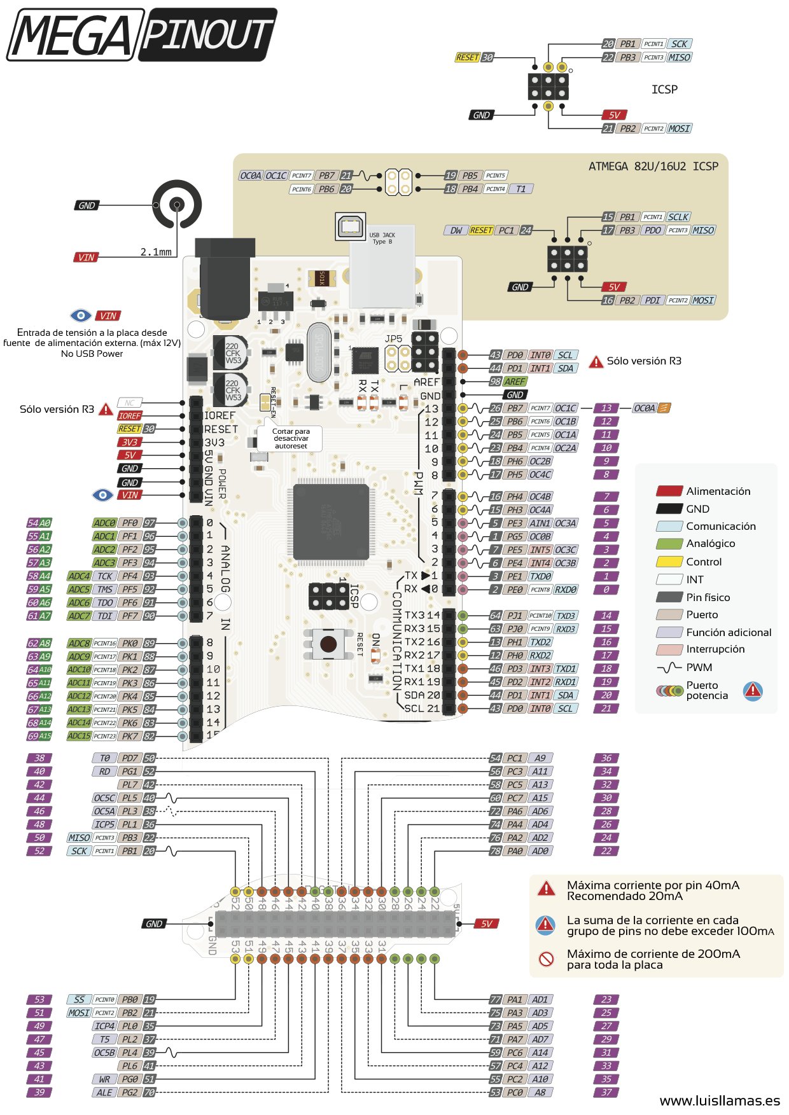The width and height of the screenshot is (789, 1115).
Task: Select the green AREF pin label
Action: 515,382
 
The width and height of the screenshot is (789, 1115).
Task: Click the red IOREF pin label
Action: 129,415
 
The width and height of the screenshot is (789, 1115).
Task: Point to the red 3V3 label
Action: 129,442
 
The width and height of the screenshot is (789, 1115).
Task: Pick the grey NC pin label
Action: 129,403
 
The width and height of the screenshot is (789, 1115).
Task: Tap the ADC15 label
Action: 80,736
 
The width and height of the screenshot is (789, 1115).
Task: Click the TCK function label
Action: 105,576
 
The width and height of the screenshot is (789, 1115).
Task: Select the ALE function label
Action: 105,1093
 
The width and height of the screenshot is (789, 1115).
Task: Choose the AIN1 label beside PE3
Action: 540,523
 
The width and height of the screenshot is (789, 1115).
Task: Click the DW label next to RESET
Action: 456,230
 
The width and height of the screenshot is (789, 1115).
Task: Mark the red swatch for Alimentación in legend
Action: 669,491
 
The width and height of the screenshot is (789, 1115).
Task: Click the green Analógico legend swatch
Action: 669,544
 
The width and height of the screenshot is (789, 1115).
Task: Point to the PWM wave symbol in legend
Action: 669,668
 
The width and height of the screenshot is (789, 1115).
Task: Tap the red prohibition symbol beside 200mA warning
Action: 546,959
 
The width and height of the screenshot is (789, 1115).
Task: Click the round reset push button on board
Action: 328,644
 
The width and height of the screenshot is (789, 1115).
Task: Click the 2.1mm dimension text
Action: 156,252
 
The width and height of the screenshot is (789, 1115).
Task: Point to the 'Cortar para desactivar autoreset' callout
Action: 291,438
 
